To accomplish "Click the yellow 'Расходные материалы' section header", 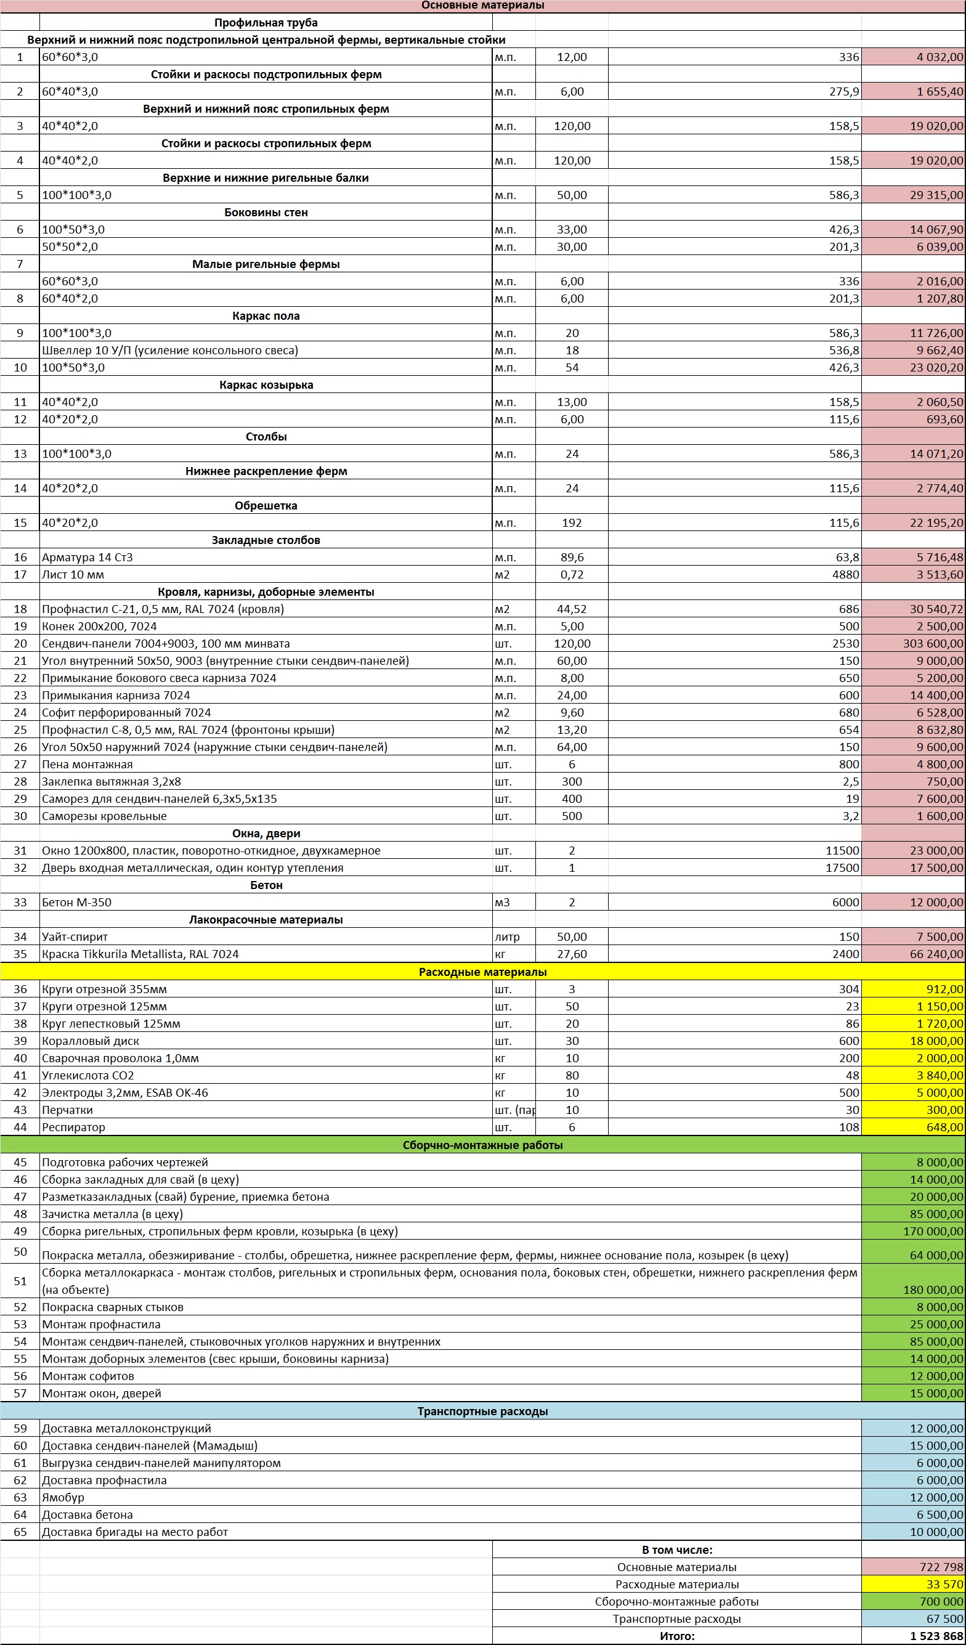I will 482,972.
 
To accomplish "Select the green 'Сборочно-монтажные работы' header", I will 482,1145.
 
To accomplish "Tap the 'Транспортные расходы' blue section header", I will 482,1411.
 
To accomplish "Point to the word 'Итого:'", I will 677,1636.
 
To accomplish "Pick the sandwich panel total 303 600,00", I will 933,644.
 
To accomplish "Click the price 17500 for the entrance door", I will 843,868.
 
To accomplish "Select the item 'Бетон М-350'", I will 76,903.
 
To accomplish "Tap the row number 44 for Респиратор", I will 20,1127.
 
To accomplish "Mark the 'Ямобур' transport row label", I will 63,1498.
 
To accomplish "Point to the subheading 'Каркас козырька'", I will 266,385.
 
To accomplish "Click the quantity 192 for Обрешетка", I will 572,523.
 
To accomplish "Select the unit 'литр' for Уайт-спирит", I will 507,937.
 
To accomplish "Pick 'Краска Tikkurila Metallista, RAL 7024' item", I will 140,954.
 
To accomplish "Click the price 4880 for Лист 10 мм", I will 845,574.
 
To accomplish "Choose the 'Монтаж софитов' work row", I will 88,1376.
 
